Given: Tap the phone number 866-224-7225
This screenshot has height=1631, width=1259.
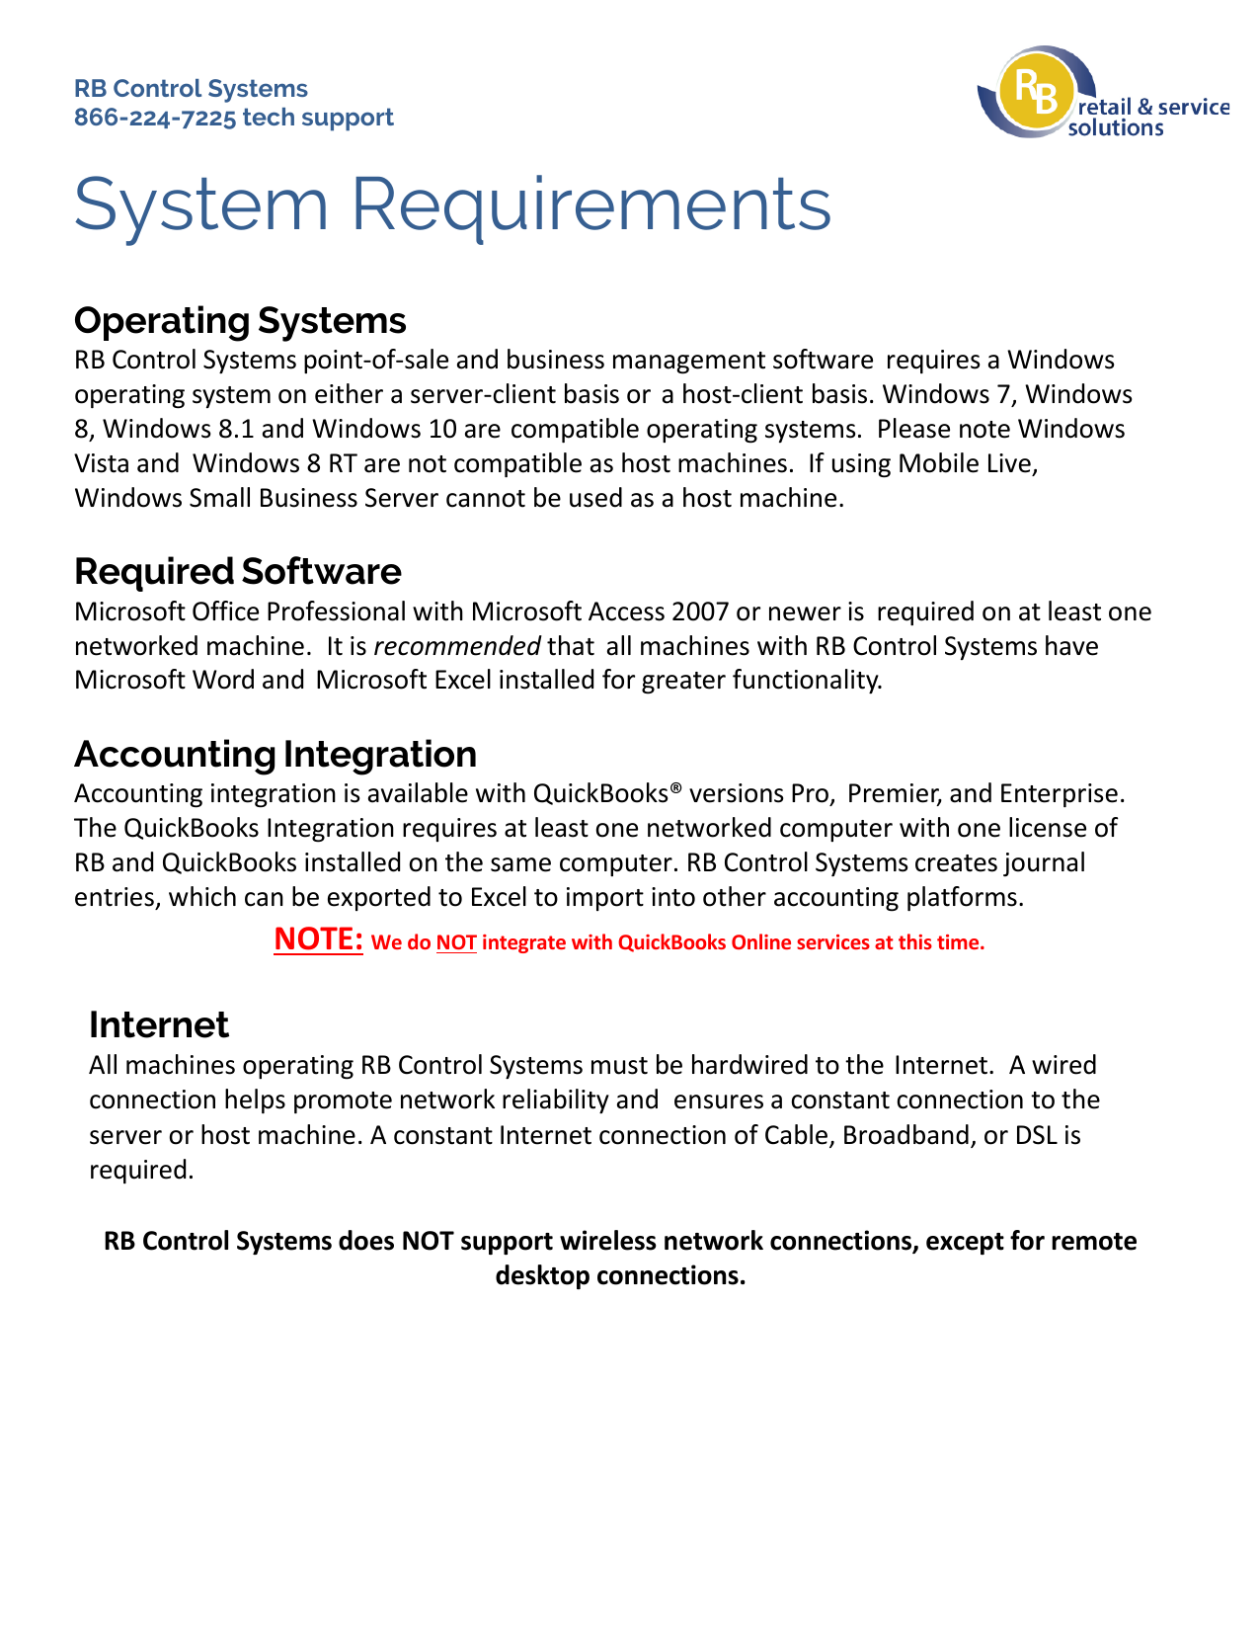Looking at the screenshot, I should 155,118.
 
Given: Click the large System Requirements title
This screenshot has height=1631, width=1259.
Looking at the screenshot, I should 452,204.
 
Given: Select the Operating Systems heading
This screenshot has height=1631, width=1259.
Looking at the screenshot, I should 240,320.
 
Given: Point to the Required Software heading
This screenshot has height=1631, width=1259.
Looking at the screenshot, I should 238,571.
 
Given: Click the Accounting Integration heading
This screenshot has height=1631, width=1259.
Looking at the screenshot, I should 275,754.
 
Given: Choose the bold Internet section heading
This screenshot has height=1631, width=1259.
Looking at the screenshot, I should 159,1024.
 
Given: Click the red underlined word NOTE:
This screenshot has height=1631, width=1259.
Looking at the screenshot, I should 319,938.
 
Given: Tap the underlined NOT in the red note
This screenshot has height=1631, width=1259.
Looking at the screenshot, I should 456,942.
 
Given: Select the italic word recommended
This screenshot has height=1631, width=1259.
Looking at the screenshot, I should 457,646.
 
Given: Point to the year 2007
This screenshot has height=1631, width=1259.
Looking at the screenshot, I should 700,612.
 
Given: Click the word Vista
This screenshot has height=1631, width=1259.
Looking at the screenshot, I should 103,463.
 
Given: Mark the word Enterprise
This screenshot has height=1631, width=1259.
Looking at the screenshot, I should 1061,793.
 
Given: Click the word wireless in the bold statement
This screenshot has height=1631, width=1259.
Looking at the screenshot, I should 608,1241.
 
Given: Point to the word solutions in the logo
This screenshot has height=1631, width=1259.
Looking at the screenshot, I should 1116,128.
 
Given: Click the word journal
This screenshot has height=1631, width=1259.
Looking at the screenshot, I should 1045,862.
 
